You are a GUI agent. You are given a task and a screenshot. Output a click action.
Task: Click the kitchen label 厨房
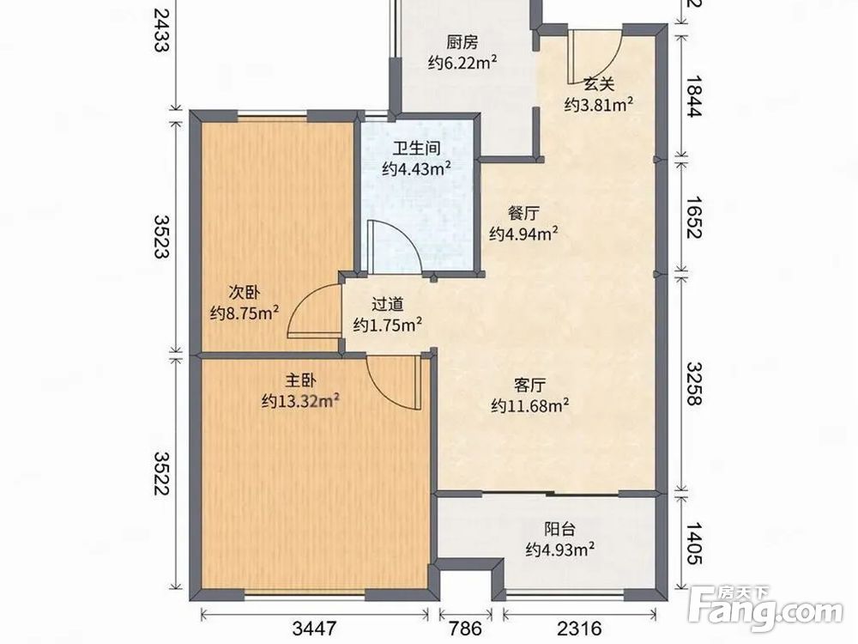tap(462, 42)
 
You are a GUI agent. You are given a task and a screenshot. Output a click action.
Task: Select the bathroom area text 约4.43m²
tap(416, 168)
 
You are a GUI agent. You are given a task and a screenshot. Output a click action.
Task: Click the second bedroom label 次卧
tap(244, 293)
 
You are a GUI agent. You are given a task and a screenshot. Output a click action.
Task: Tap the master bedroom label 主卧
tap(300, 380)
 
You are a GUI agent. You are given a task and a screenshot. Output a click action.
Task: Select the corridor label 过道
tap(388, 305)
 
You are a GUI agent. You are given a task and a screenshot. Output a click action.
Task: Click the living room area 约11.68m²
tap(529, 406)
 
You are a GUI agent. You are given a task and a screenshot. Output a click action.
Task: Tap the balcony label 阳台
tap(559, 529)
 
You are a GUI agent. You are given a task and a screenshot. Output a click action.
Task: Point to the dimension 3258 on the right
tap(693, 383)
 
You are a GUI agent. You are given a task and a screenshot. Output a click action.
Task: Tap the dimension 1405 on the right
tap(693, 544)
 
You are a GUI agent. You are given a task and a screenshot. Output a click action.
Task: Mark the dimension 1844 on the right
tap(693, 96)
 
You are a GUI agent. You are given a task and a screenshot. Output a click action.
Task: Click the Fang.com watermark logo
tap(765, 609)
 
